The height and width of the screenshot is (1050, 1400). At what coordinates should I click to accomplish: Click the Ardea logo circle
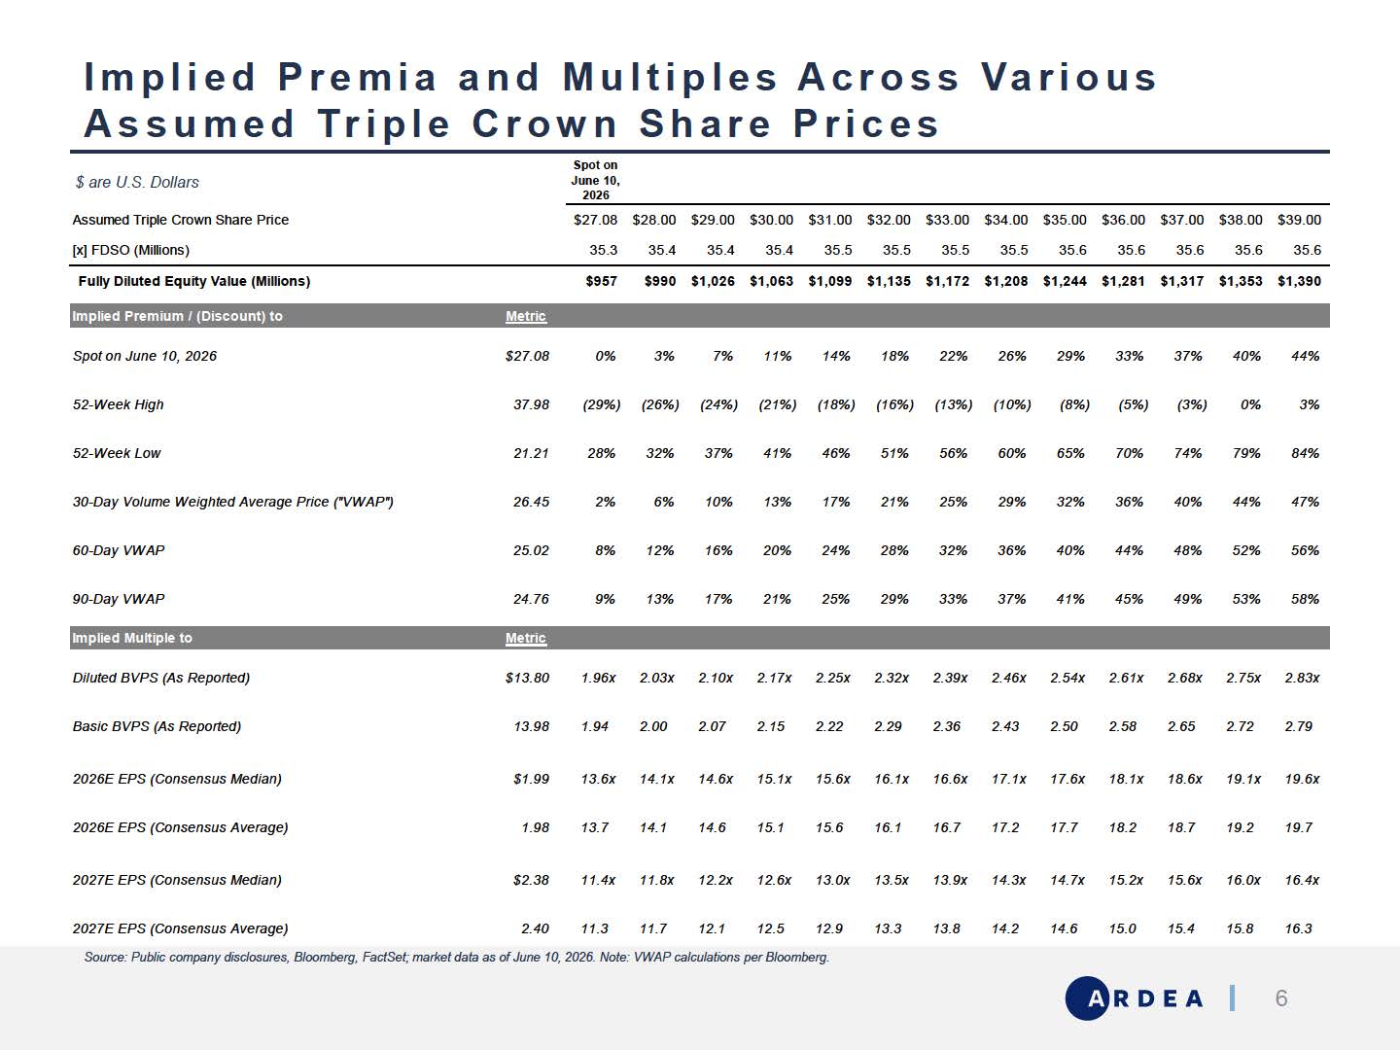(1088, 997)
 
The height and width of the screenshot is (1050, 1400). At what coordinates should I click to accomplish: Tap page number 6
(1280, 997)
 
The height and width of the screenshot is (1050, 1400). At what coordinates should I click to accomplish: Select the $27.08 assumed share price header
(595, 220)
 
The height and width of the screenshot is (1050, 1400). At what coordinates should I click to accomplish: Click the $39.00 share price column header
(1299, 220)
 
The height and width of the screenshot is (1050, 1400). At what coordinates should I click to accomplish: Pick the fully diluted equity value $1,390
(1299, 281)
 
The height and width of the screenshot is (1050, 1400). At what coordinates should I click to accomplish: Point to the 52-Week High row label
(118, 404)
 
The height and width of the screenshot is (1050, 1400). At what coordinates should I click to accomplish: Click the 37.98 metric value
(531, 404)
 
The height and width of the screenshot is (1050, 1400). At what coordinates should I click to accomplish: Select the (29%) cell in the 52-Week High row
(602, 404)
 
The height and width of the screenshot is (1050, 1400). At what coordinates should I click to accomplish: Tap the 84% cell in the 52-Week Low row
(1305, 453)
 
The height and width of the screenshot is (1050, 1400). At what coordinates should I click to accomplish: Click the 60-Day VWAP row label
(119, 550)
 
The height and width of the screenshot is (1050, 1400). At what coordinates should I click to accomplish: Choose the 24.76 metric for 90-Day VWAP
(531, 599)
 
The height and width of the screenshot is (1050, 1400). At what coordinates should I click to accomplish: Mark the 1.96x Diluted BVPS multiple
(598, 678)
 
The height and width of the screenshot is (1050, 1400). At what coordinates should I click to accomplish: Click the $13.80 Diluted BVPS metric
(527, 678)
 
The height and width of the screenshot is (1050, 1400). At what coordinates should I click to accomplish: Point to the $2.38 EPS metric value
(531, 880)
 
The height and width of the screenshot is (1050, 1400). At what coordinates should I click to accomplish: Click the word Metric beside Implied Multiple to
(526, 638)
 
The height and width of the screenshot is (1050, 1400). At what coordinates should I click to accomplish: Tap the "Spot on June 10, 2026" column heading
(595, 180)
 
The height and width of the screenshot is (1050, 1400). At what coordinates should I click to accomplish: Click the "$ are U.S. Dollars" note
(137, 183)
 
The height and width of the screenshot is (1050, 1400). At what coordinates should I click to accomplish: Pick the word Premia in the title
(358, 77)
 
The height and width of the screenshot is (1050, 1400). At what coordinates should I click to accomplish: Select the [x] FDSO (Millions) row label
(130, 250)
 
